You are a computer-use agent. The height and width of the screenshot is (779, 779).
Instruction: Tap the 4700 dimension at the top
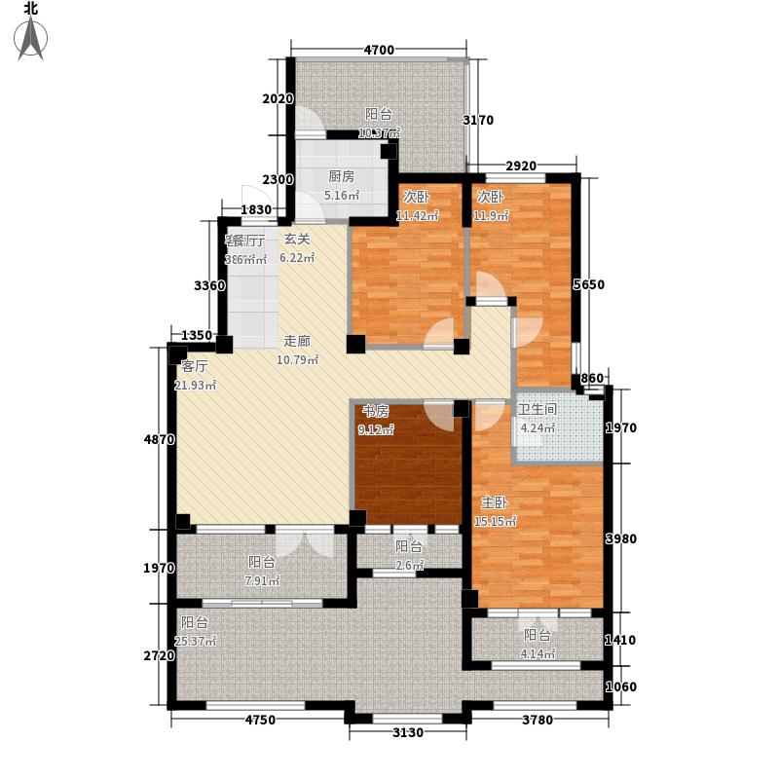378,51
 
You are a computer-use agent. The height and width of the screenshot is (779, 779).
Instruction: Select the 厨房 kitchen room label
340,177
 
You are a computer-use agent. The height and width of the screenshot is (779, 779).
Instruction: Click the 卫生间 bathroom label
537,410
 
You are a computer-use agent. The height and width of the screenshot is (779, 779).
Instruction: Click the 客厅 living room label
195,367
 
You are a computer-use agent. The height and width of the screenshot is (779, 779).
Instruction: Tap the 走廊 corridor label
297,342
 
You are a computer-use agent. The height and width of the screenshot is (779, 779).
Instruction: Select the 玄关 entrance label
296,240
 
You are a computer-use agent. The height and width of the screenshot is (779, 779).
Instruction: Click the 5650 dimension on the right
596,285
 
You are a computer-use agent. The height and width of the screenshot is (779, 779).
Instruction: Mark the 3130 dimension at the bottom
408,732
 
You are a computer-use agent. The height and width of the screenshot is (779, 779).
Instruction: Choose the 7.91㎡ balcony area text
262,581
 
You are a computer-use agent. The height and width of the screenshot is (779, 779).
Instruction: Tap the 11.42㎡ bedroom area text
417,215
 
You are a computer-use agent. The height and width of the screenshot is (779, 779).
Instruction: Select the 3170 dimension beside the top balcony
479,121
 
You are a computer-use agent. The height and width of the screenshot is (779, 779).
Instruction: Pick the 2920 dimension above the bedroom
521,166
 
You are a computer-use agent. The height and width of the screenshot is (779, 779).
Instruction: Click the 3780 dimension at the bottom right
533,721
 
